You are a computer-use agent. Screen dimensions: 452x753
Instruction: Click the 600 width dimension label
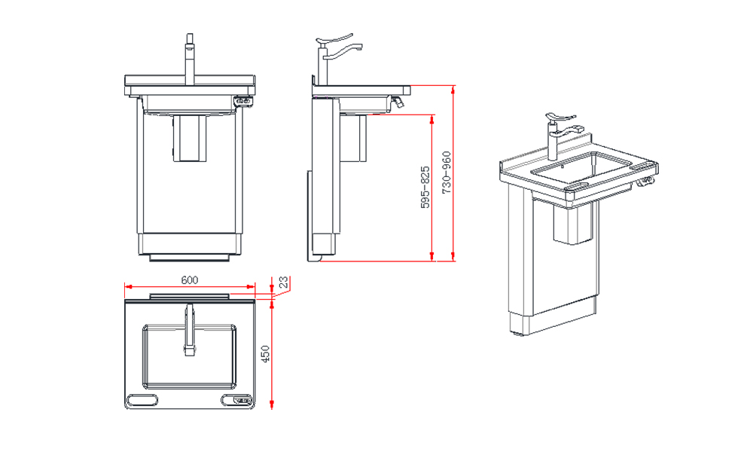click(189, 279)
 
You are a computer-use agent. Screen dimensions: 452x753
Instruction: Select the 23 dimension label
click(283, 282)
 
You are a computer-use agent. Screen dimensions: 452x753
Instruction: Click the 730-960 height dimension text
click(447, 174)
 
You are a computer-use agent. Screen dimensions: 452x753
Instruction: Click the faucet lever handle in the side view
click(334, 41)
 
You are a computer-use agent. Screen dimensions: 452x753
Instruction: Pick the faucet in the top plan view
click(189, 329)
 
